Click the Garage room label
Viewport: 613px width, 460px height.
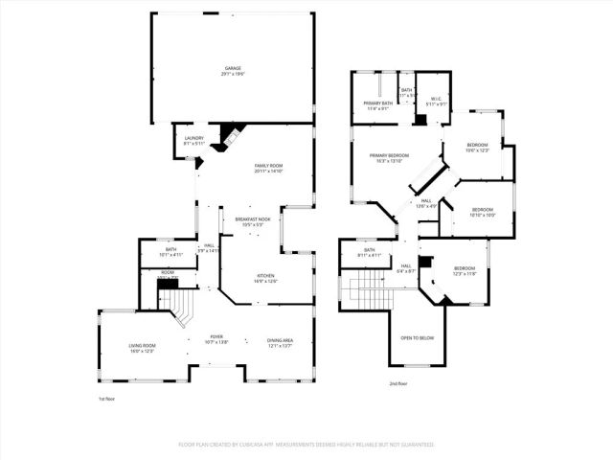click(x=233, y=69)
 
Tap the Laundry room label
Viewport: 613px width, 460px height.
click(x=193, y=139)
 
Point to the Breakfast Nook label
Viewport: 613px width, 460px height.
click(x=253, y=219)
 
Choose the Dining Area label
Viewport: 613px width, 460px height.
click(x=279, y=342)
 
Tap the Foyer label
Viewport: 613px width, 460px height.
click(x=217, y=337)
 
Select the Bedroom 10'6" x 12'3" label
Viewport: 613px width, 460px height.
click(x=477, y=145)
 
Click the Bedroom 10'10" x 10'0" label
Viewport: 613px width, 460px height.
click(x=483, y=210)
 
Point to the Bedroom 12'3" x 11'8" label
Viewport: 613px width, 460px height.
click(x=465, y=268)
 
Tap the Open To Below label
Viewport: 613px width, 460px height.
click(x=418, y=337)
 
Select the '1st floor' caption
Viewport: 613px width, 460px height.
click(x=108, y=398)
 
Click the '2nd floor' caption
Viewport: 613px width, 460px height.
click(x=399, y=383)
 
